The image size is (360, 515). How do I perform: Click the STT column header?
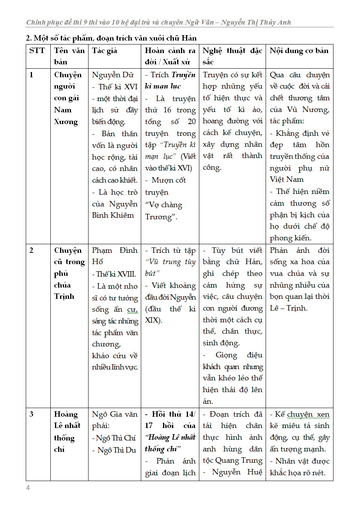pyautogui.click(x=37, y=51)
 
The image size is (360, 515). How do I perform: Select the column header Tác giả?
pyautogui.click(x=105, y=51)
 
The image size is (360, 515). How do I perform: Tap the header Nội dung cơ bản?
pyautogui.click(x=299, y=51)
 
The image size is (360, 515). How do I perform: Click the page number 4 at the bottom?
pyautogui.click(x=28, y=488)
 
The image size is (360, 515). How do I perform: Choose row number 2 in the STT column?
pyautogui.click(x=31, y=250)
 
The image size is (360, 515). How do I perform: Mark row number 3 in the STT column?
pyautogui.click(x=31, y=414)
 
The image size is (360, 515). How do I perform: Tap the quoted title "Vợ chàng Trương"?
pyautogui.click(x=163, y=211)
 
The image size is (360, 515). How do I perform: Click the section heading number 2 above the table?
pyautogui.click(x=28, y=38)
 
